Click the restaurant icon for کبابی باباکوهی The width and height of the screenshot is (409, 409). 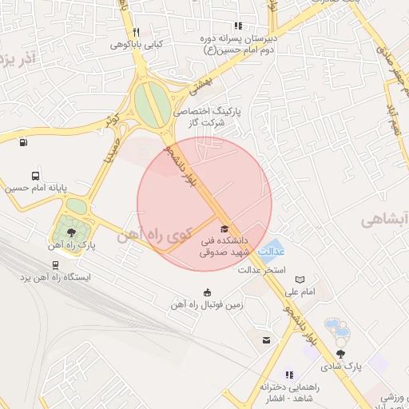point(137,32)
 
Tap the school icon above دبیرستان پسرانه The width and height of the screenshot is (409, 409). point(239,26)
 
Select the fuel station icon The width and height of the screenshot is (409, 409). point(22,144)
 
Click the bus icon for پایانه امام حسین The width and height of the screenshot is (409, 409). point(35,176)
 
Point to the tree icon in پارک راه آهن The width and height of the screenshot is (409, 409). point(71,232)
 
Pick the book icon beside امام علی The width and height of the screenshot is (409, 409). point(300,280)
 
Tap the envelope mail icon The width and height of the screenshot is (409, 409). point(266,340)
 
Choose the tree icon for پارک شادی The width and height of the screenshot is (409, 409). point(341,353)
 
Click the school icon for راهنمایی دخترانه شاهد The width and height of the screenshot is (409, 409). point(288,374)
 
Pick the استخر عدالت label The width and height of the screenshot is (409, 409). point(260,269)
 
